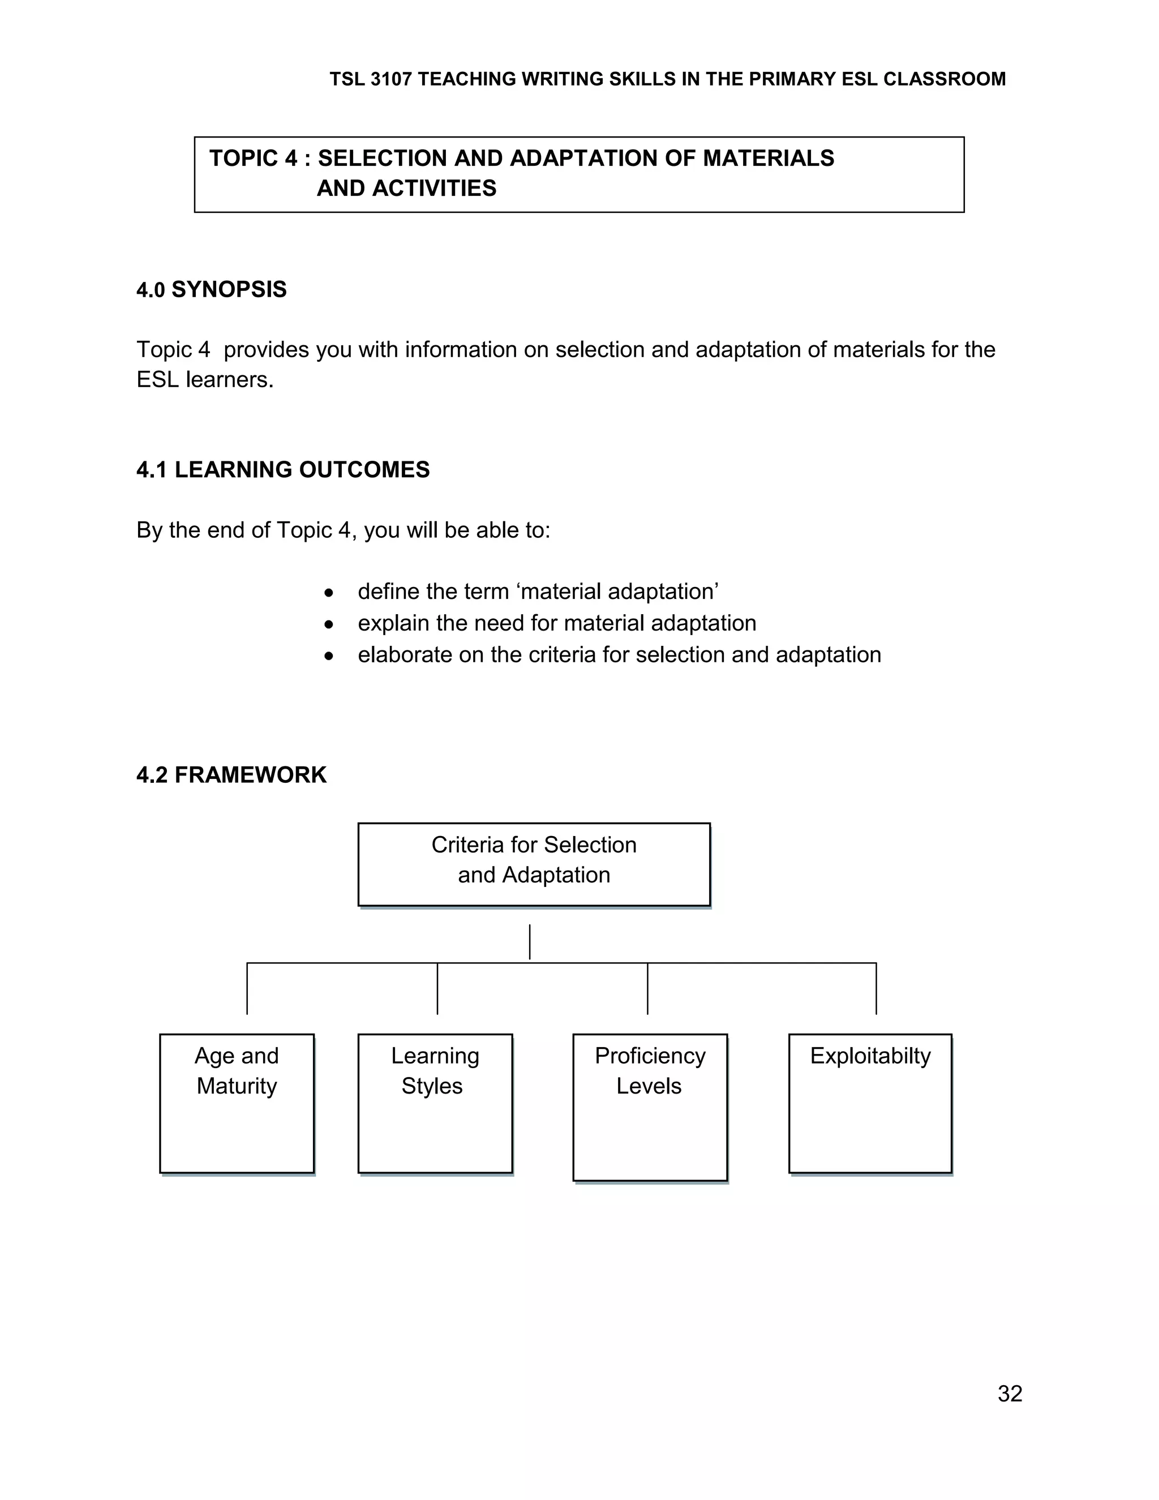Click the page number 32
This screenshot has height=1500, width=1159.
(1010, 1394)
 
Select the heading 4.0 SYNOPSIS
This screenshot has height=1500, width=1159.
(212, 290)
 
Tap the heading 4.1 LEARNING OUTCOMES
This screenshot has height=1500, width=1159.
(283, 470)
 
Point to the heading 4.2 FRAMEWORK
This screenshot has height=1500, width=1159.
(231, 775)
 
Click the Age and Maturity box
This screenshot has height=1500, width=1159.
(237, 1103)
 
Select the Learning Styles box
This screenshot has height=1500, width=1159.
(435, 1103)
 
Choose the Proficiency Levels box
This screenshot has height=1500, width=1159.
(650, 1107)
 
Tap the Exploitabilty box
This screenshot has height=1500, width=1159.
(870, 1103)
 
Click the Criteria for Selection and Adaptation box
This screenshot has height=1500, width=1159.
(534, 864)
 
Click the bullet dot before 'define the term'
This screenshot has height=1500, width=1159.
(329, 593)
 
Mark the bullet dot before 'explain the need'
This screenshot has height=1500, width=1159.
(329, 624)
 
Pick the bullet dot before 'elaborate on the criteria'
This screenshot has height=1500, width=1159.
(329, 656)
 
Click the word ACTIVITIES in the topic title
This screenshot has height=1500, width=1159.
(434, 188)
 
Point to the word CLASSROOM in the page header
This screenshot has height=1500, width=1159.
(944, 80)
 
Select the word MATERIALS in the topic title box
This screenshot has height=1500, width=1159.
(769, 158)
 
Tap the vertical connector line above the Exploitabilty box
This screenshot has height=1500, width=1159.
(876, 989)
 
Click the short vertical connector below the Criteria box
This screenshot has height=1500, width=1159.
(529, 942)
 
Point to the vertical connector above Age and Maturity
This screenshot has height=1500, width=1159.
(247, 989)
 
